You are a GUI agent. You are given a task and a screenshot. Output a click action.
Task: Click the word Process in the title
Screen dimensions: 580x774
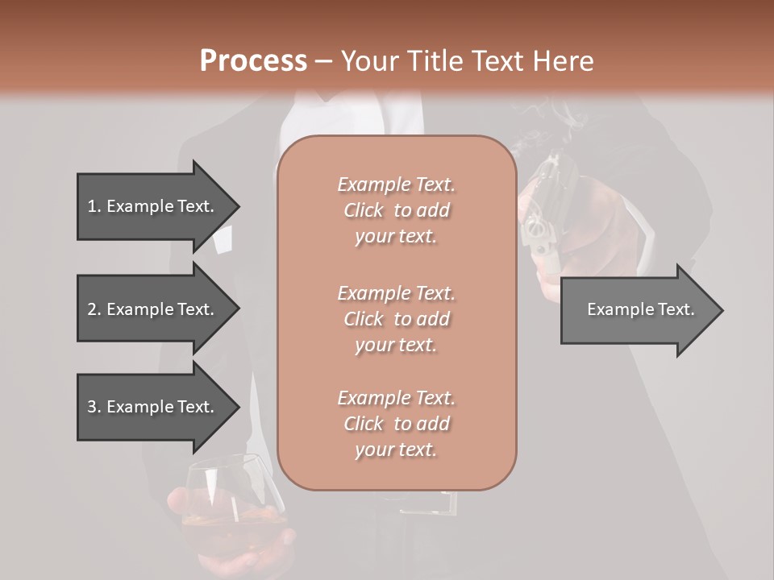coord(253,61)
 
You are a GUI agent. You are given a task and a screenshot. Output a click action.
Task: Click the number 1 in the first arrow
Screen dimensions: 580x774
coord(92,206)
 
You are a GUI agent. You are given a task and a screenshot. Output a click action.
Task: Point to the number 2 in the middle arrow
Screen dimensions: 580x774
coord(92,309)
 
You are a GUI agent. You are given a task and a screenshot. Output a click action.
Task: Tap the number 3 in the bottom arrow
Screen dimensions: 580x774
coord(92,407)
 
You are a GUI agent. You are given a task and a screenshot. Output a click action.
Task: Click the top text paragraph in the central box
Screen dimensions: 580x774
coord(396,210)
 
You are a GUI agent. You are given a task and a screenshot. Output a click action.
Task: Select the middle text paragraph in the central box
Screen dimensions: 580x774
coord(396,319)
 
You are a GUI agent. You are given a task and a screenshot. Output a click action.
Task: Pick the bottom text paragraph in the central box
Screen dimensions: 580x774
coord(396,424)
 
